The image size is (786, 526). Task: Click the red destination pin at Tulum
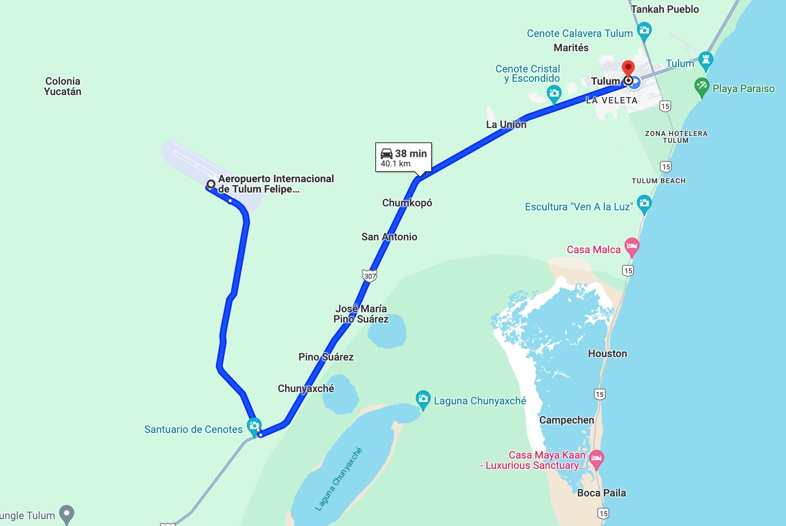[628, 67]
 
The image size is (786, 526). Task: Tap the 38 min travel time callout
[403, 158]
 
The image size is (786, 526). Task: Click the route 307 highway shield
[369, 275]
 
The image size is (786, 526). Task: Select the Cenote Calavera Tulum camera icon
[644, 31]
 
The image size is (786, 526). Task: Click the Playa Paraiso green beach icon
[702, 87]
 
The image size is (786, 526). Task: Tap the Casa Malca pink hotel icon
[632, 246]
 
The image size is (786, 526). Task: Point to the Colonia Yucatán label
[63, 86]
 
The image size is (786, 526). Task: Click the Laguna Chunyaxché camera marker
[423, 399]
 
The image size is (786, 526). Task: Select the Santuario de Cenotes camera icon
[254, 426]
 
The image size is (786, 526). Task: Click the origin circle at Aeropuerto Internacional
[211, 184]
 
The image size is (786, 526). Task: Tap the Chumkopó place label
[407, 202]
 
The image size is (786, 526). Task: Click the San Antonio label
[389, 236]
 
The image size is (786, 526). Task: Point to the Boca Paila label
[601, 493]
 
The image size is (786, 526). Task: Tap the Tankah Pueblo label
[665, 9]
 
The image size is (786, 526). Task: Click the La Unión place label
[506, 124]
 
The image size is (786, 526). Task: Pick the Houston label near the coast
[607, 353]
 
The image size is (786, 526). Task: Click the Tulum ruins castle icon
[706, 60]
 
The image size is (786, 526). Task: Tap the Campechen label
[566, 420]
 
